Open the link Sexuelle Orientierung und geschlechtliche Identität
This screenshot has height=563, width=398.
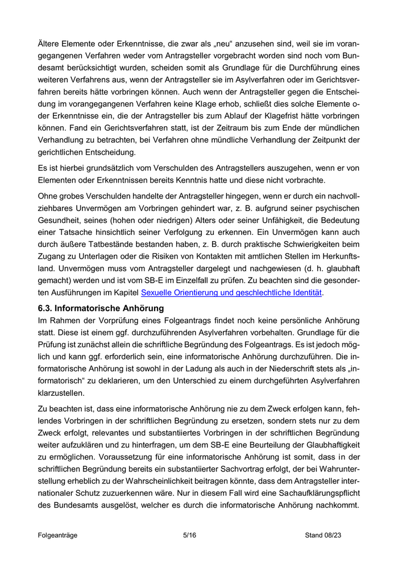(x=231, y=293)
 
